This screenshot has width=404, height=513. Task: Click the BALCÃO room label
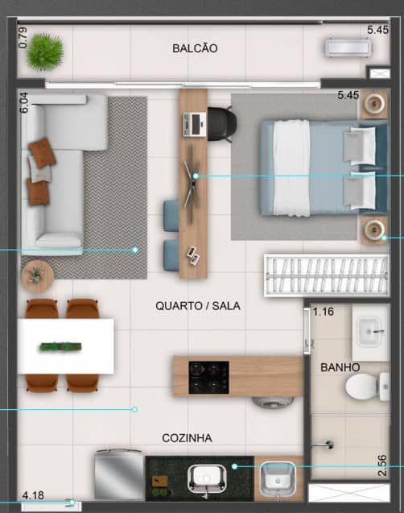pyautogui.click(x=195, y=48)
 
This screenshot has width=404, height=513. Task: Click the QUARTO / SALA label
pyautogui.click(x=198, y=306)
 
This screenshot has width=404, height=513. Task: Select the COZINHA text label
pyautogui.click(x=187, y=438)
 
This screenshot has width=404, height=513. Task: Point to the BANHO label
pyautogui.click(x=340, y=367)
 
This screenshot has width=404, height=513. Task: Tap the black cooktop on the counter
pyautogui.click(x=208, y=377)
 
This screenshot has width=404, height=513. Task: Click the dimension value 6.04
pyautogui.click(x=23, y=102)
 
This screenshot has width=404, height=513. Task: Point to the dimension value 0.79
pyautogui.click(x=23, y=38)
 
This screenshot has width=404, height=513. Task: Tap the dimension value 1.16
pyautogui.click(x=324, y=312)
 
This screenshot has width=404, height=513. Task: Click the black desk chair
pyautogui.click(x=221, y=122)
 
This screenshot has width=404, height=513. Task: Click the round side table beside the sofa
pyautogui.click(x=36, y=275)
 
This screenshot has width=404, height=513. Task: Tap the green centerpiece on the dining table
pyautogui.click(x=62, y=347)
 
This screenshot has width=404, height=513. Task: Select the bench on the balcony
pyautogui.click(x=346, y=48)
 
